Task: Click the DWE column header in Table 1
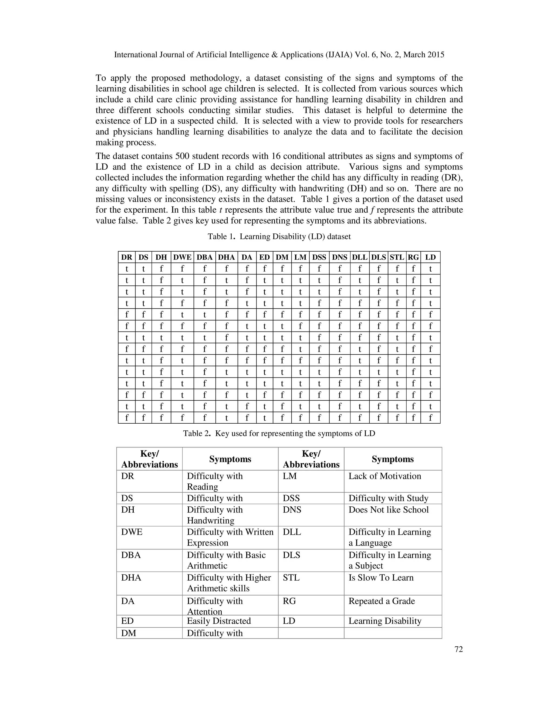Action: point(182,257)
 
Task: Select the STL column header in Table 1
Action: point(397,257)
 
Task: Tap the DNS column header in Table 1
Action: point(339,257)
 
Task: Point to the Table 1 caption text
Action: point(279,236)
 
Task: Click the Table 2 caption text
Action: point(279,433)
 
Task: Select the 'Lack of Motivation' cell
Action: point(385,476)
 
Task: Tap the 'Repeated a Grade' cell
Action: point(381,601)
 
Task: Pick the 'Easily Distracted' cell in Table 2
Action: point(218,621)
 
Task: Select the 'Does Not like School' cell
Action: point(388,510)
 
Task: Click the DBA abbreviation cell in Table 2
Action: point(131,555)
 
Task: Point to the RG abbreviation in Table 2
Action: point(289,601)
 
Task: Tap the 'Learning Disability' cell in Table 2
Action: point(385,621)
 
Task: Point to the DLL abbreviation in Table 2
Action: point(292,532)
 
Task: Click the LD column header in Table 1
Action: point(430,257)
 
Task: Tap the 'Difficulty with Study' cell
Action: point(388,498)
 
